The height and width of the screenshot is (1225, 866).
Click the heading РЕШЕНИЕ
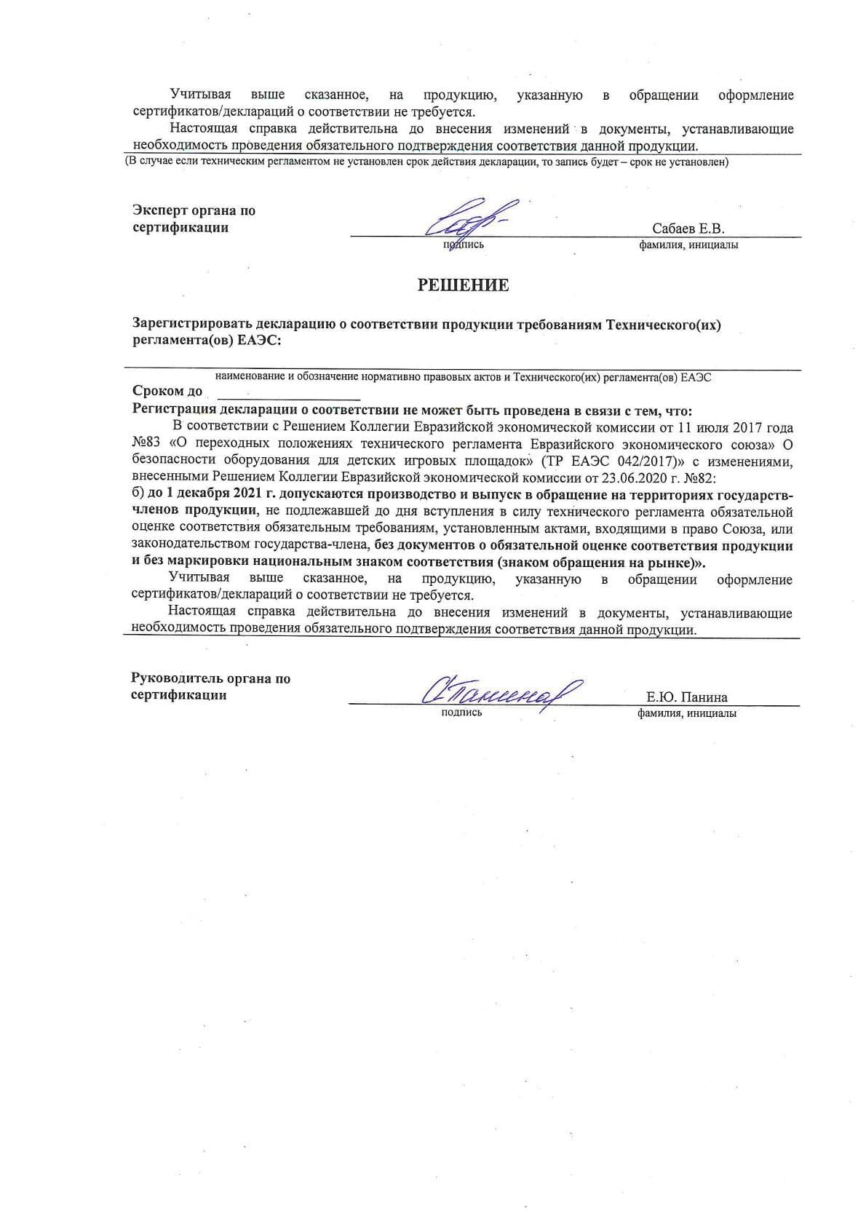coord(463,285)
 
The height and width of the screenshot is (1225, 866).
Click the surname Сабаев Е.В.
coord(688,229)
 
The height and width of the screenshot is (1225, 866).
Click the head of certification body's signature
coord(501,690)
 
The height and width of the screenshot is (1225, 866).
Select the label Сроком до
coord(167,392)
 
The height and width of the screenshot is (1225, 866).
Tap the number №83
coord(146,444)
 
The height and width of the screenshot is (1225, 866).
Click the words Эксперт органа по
coord(194,211)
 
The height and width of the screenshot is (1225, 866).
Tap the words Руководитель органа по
coord(210,679)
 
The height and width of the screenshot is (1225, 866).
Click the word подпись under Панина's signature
coord(461,713)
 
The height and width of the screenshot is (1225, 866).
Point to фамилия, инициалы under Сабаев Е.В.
coord(688,245)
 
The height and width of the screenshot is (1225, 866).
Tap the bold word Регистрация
coord(175,409)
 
